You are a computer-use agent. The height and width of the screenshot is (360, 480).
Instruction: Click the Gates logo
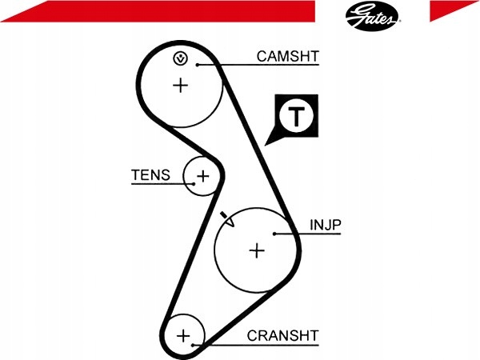tap(372, 16)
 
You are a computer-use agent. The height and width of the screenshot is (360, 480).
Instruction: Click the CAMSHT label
tap(288, 56)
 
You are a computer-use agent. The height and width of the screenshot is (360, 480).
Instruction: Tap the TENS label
tap(150, 175)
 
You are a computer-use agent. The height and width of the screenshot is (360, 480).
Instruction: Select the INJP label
tap(325, 225)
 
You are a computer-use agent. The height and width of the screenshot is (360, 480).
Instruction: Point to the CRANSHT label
tap(283, 336)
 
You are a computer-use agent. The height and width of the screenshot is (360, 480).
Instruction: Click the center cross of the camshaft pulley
tap(181, 85)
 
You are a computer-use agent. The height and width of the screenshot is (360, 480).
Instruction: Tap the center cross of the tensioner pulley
tap(202, 176)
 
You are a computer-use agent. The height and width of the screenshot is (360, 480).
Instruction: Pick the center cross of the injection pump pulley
tap(257, 250)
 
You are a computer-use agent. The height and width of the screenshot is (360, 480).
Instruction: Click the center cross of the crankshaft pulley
tap(183, 336)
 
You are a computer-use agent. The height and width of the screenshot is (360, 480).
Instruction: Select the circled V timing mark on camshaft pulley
tap(181, 58)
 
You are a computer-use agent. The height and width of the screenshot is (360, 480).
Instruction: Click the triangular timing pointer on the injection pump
tap(228, 219)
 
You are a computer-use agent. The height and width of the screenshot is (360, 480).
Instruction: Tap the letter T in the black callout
tap(296, 116)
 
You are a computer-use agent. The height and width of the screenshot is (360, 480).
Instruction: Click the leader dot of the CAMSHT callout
tap(198, 65)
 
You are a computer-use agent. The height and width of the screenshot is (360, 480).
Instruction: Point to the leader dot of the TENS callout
tap(194, 184)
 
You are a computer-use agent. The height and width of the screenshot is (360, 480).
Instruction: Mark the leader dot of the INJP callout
tap(274, 234)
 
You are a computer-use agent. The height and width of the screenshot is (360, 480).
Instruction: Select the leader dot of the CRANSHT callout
tap(193, 346)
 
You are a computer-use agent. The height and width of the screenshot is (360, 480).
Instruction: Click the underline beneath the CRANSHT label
tap(256, 346)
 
